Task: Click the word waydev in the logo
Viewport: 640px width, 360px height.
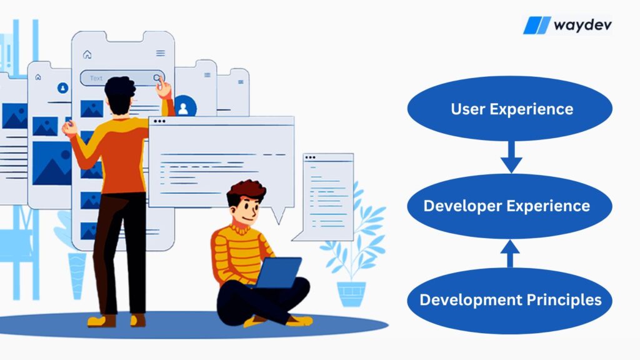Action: coord(582,25)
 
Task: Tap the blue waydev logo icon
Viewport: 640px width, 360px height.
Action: coord(537,25)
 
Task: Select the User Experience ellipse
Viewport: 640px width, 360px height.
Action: coord(510,109)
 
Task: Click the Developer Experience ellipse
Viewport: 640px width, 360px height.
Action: coord(510,206)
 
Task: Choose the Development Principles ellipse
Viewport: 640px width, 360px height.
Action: coord(510,301)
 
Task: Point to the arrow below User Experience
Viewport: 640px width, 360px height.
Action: coord(511,157)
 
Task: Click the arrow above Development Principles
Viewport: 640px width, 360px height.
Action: coord(510,254)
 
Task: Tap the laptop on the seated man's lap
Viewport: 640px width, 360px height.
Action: coord(278,272)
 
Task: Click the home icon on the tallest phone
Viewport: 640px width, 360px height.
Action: coord(87,54)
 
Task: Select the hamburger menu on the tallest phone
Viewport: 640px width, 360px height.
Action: coord(161,53)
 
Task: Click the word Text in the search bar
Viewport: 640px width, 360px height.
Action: coord(96,78)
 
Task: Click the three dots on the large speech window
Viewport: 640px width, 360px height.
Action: coord(159,121)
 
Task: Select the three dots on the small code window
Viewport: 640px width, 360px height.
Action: coord(310,157)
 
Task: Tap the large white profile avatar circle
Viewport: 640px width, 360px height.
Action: coord(184,107)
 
